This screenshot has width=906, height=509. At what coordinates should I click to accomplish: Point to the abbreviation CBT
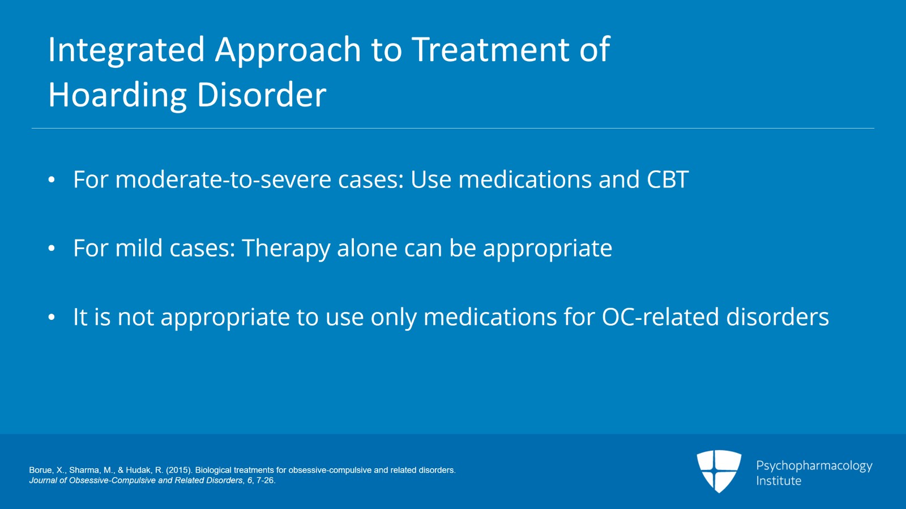(667, 179)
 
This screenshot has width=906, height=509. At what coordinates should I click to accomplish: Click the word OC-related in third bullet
(660, 317)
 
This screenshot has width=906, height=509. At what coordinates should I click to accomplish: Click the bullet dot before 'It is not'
(52, 317)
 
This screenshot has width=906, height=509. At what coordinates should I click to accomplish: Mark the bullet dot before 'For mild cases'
(52, 249)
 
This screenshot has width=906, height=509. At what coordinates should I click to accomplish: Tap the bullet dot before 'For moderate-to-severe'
(52, 180)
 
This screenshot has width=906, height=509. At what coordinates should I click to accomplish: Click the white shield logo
(719, 470)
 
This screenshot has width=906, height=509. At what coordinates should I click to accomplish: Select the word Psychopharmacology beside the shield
(814, 465)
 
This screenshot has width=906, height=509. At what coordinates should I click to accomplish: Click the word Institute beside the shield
(779, 481)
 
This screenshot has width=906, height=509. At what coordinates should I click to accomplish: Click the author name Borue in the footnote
(40, 470)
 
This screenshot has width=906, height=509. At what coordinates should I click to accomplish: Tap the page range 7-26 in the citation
(265, 480)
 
